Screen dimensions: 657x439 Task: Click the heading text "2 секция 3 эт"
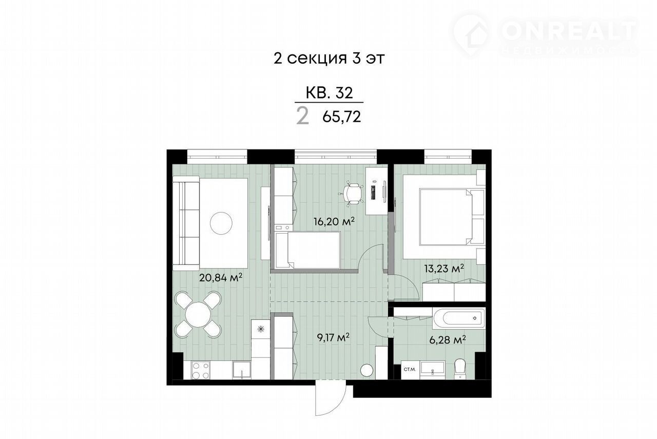(329, 59)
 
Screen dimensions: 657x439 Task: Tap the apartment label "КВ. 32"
(329, 93)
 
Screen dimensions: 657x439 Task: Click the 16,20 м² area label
(333, 221)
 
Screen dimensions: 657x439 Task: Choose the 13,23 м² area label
(445, 268)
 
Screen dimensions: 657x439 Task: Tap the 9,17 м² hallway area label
(333, 337)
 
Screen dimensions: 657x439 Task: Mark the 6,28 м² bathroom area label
(448, 340)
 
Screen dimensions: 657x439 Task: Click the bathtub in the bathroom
(459, 318)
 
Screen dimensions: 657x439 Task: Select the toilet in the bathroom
(460, 369)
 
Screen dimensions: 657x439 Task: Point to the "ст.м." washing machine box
(410, 370)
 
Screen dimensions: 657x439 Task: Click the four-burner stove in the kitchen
(201, 370)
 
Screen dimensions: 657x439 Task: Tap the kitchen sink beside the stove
(242, 370)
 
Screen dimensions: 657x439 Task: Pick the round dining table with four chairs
(198, 314)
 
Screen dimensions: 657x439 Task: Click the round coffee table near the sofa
(221, 223)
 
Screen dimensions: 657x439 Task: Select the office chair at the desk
(351, 194)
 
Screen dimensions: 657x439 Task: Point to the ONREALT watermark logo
(545, 36)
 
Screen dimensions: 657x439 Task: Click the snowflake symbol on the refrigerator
(260, 329)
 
